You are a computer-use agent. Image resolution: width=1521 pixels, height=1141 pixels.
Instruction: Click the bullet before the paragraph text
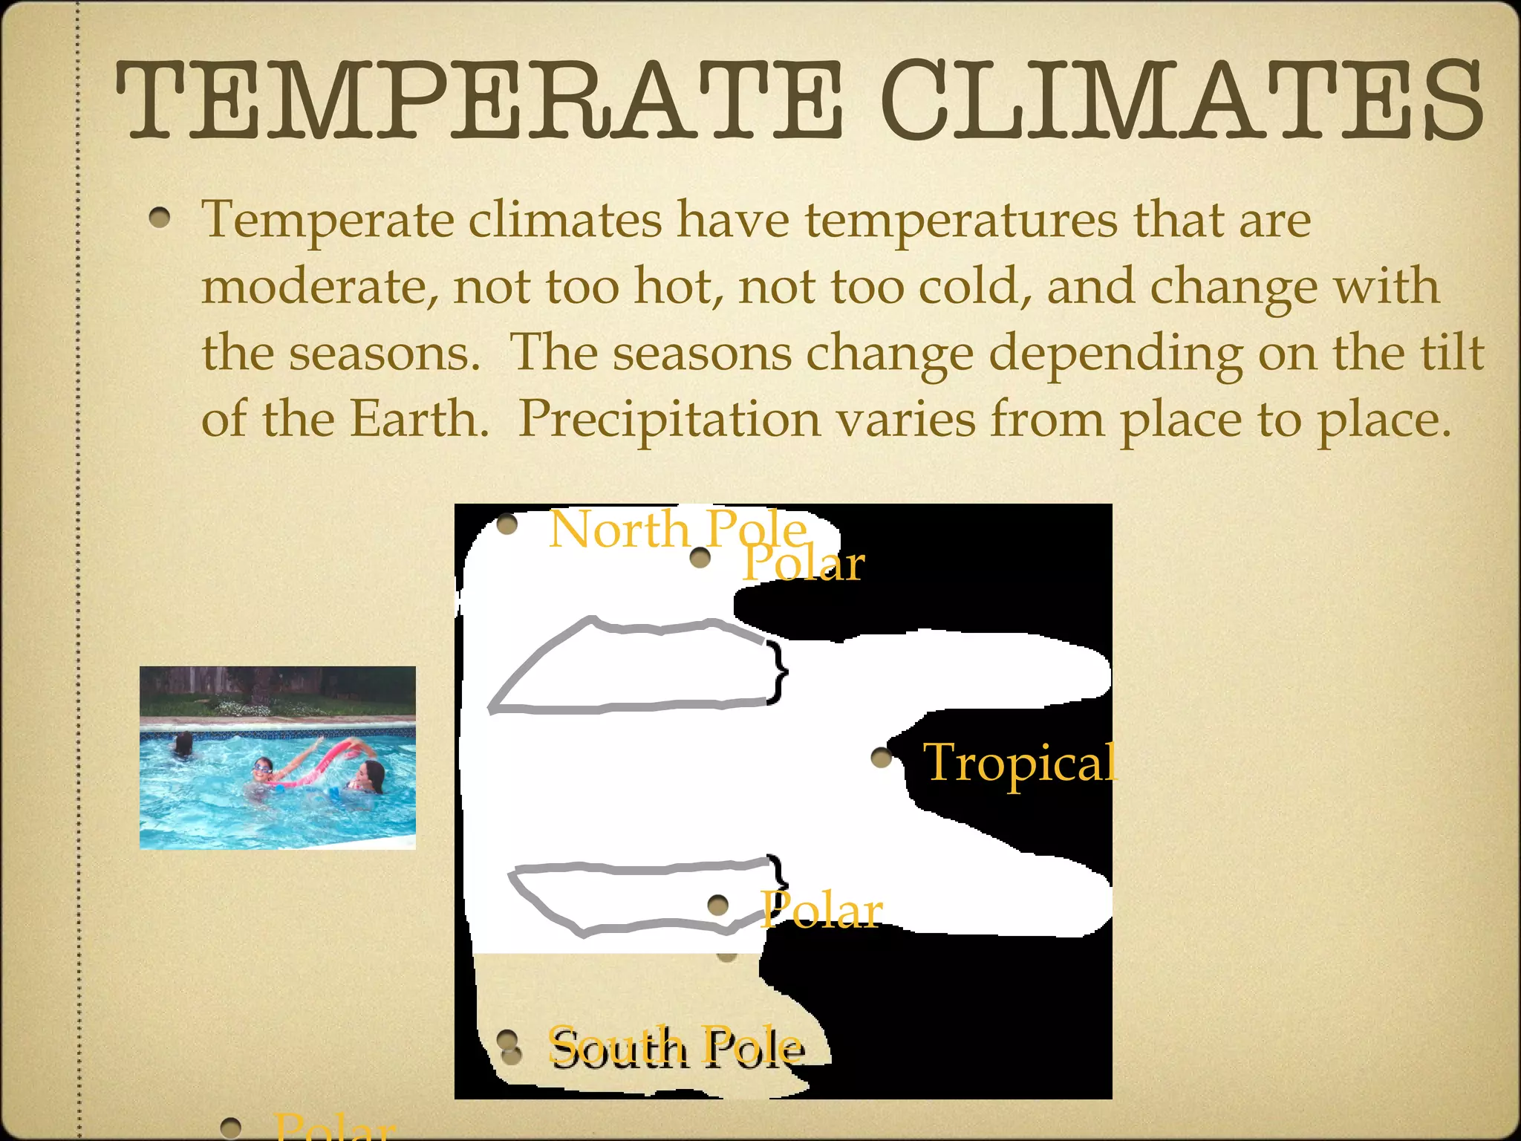[x=159, y=218]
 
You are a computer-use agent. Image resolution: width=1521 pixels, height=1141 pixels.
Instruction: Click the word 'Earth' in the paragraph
[x=419, y=419]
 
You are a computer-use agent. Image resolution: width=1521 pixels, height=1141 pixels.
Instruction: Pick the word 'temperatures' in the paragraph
[x=962, y=221]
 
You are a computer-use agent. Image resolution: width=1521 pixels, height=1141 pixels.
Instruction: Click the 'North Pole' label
[x=677, y=529]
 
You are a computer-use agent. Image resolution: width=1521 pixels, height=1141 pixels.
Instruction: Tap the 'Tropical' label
[x=1019, y=762]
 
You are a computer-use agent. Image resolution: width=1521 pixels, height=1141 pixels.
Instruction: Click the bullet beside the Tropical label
[x=882, y=758]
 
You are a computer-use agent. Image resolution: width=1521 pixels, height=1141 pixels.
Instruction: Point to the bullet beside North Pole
[x=507, y=524]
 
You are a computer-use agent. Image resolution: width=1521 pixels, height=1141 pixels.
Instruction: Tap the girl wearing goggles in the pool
[x=261, y=773]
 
